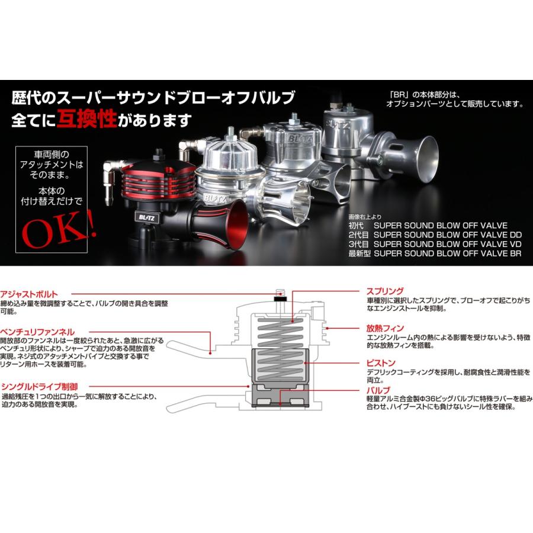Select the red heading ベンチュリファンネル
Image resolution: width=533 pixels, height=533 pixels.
click(37, 333)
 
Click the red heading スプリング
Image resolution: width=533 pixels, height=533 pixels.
click(385, 291)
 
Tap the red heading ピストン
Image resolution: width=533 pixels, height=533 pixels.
click(380, 362)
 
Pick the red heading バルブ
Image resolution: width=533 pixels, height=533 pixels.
click(378, 391)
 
